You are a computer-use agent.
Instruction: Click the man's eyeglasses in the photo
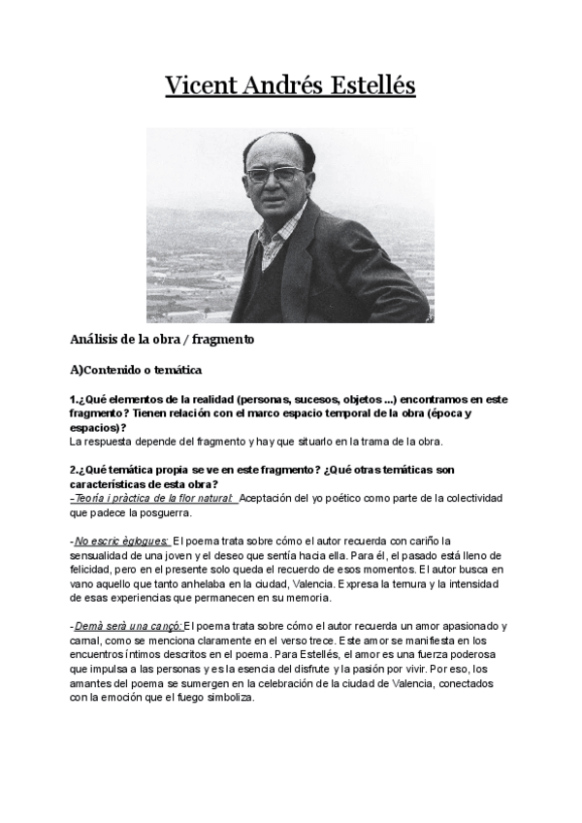pos(275,176)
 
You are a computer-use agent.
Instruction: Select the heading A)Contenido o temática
pos(135,370)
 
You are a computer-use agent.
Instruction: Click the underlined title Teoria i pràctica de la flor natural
pos(153,498)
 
